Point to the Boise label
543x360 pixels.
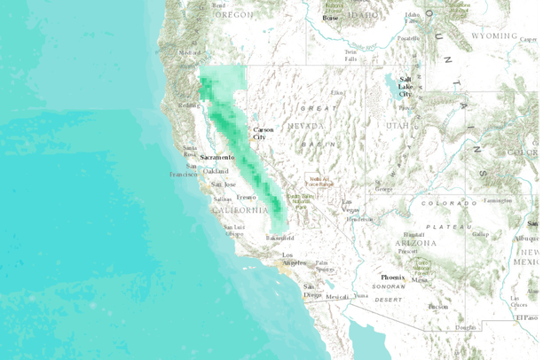point(330,18)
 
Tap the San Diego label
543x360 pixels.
point(311,291)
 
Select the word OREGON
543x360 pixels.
point(232,15)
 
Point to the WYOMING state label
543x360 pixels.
point(493,36)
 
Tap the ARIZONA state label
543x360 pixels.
point(417,242)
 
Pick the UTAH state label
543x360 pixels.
point(397,126)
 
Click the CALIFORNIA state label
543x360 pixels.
point(240,210)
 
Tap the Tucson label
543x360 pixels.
point(437,307)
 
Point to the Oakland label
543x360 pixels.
point(216,171)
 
